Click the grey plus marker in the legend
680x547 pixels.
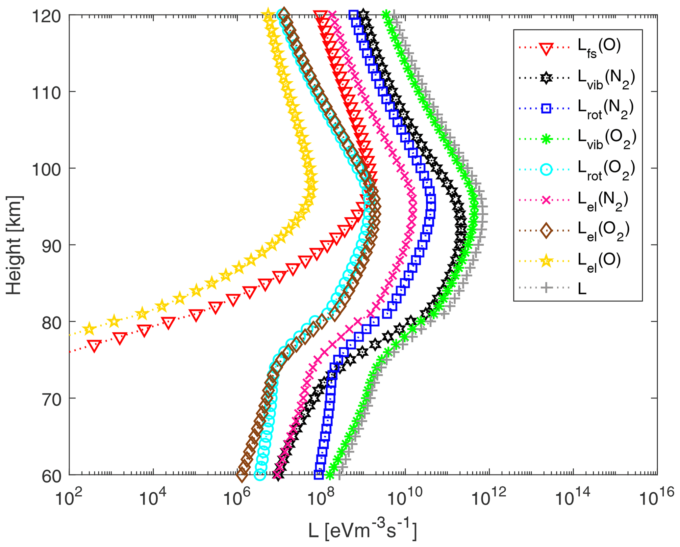(546, 288)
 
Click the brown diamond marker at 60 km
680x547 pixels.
(242, 475)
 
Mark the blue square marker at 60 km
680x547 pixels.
(318, 475)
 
